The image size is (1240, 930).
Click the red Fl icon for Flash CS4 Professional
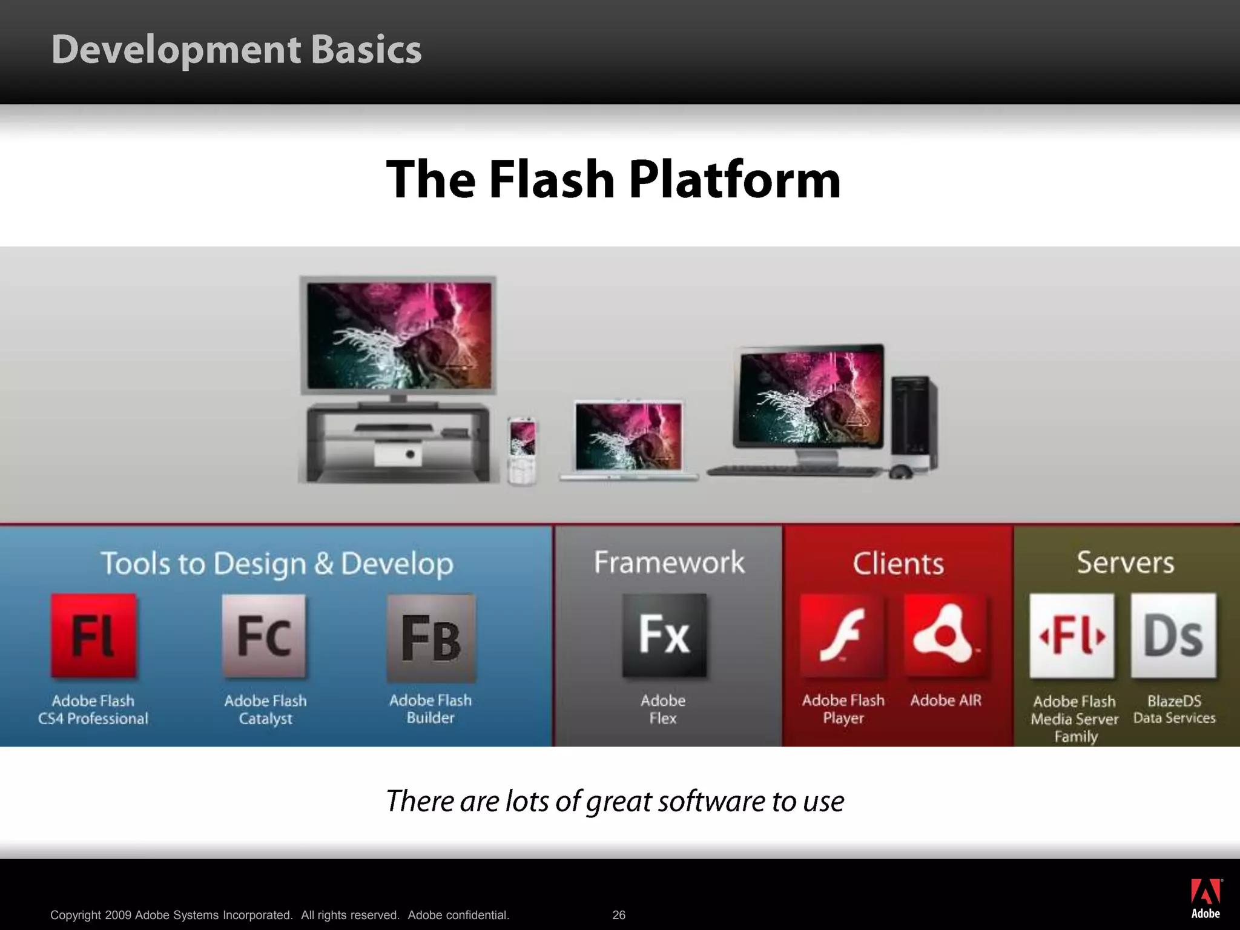coord(94,635)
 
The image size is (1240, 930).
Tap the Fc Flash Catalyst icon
coord(265,635)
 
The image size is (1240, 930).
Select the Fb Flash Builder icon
coord(431,638)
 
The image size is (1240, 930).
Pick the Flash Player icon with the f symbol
coord(842,635)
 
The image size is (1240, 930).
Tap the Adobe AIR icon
coord(945,635)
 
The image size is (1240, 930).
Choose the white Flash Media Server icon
coord(1072,635)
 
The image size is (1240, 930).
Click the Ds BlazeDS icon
coord(1173,635)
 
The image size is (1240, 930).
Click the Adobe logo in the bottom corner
coord(1205,899)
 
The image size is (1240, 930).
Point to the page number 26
coord(619,915)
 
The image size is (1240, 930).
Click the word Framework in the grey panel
coord(669,562)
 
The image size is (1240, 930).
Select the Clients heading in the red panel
coord(898,564)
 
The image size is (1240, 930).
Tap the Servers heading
coord(1125,562)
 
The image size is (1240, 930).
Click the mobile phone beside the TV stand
coord(522,450)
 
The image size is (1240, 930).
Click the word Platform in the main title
coord(734,180)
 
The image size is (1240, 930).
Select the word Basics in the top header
coord(366,50)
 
